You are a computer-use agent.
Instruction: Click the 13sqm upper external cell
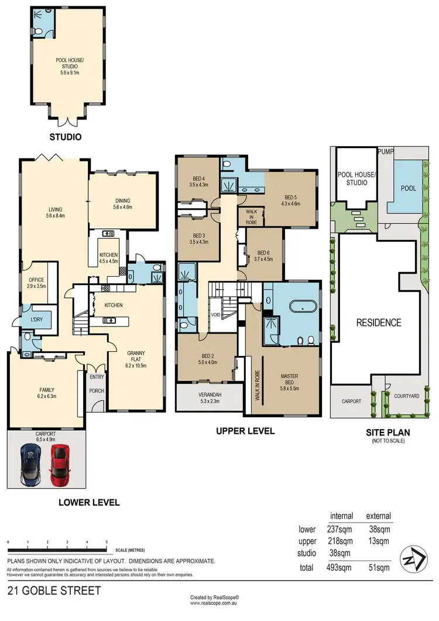coord(378,541)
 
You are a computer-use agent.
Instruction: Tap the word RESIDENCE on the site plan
coord(379,322)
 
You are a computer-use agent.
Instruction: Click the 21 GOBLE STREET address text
coord(46,591)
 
